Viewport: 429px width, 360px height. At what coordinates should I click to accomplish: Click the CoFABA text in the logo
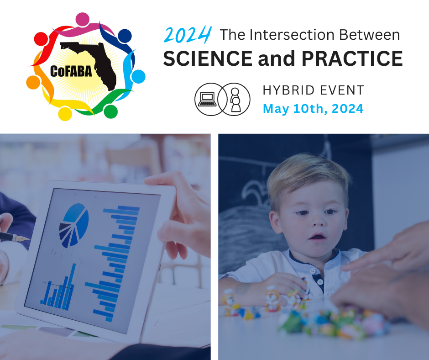tap(71, 72)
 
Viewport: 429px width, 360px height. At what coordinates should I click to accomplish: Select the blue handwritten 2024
tap(188, 35)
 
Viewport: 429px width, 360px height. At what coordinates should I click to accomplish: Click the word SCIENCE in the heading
tap(208, 58)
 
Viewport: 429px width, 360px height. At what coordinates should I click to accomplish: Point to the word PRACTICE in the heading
tap(352, 58)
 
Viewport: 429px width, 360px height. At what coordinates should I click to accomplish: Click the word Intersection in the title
tap(292, 35)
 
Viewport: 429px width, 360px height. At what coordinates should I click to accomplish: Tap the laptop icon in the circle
tap(208, 99)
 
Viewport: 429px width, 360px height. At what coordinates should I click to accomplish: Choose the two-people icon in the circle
tap(235, 100)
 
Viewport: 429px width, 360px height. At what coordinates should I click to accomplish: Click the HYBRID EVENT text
tap(313, 90)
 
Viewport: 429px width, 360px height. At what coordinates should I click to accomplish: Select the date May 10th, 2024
tap(313, 109)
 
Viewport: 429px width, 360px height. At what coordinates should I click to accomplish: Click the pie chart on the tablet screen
tap(73, 225)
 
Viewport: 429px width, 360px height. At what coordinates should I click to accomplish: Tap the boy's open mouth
tap(317, 237)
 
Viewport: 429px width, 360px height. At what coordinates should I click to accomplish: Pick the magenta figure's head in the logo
tap(82, 19)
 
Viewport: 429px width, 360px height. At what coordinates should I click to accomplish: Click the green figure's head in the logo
tap(111, 111)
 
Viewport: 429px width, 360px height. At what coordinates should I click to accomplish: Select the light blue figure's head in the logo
tap(138, 76)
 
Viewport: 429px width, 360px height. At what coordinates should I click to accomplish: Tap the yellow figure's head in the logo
tap(65, 114)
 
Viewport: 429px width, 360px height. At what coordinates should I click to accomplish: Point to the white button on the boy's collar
tap(313, 270)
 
